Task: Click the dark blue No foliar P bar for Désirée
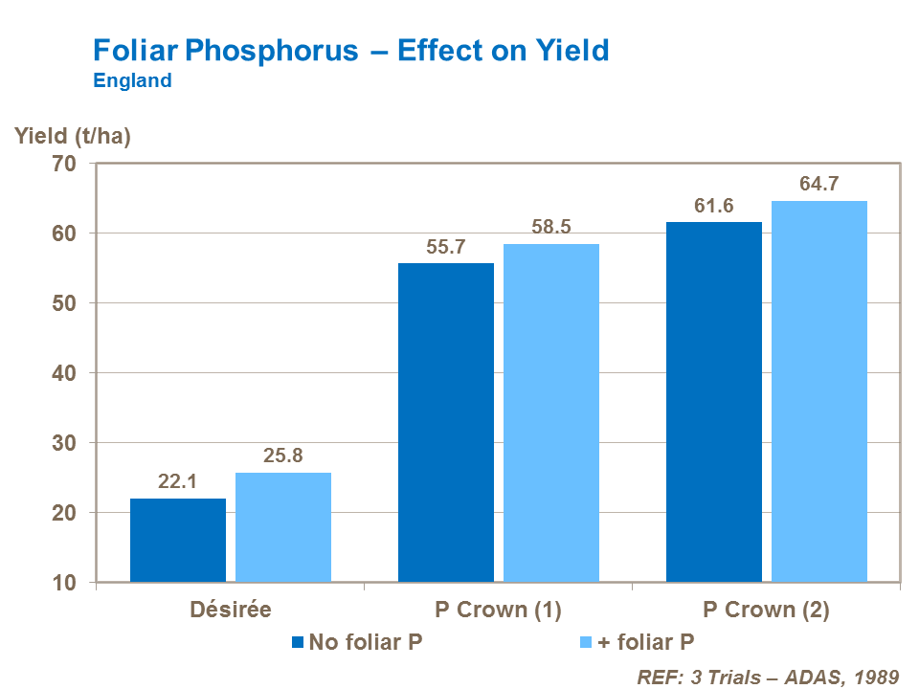[178, 540]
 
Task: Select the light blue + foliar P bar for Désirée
[283, 527]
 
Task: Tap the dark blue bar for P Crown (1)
[446, 422]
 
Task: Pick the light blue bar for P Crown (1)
[551, 412]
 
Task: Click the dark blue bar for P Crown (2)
[714, 402]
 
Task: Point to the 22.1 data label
[177, 482]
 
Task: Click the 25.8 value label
[283, 456]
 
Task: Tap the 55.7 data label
[446, 247]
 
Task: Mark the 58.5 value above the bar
[551, 228]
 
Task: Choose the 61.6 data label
[714, 206]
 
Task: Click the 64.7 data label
[819, 184]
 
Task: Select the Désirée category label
[230, 610]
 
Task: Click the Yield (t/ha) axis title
[73, 136]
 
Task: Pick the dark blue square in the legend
[298, 642]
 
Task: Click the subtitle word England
[132, 80]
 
